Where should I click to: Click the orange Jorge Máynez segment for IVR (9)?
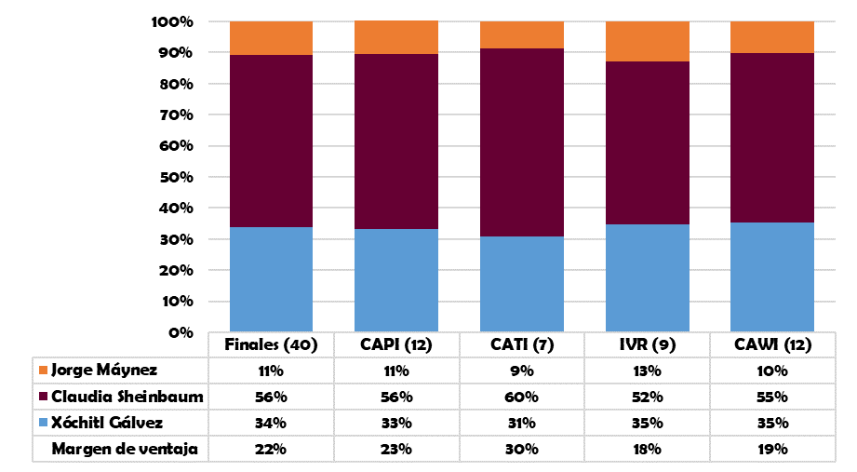(647, 41)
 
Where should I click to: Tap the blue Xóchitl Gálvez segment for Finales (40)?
(271, 279)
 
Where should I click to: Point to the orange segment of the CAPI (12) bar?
(396, 37)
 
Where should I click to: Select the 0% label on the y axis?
(181, 332)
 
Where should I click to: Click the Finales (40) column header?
(271, 344)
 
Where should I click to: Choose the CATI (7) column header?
(521, 344)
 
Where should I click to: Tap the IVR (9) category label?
(647, 344)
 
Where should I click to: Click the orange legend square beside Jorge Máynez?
(42, 371)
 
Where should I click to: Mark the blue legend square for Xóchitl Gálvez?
(42, 423)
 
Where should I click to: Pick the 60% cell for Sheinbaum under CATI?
(521, 397)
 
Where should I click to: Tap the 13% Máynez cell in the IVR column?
(647, 371)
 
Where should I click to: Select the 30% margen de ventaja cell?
(521, 449)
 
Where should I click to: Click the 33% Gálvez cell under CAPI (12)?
(396, 423)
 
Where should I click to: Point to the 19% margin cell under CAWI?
(771, 449)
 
